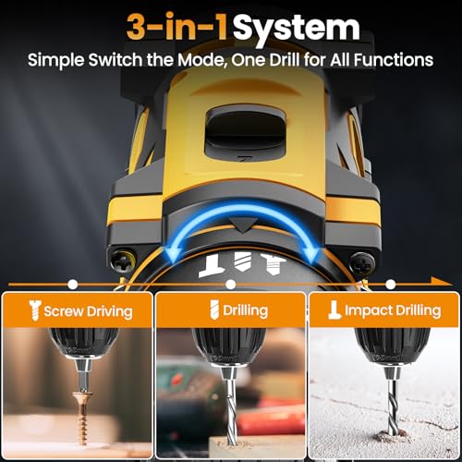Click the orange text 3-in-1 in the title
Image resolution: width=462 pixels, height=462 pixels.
[177, 27]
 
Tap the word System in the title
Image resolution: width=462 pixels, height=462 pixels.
[296, 30]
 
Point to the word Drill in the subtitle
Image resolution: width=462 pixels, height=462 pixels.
[285, 59]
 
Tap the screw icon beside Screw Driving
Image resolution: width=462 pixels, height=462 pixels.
[35, 310]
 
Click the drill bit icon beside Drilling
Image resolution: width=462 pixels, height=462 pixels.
[214, 310]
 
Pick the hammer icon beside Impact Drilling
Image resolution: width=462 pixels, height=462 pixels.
[334, 310]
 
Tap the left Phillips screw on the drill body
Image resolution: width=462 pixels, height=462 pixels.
[123, 261]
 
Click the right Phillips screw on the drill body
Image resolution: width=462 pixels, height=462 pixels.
[362, 263]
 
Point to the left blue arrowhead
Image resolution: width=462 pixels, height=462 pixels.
[171, 255]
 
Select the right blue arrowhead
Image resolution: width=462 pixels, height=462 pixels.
[310, 255]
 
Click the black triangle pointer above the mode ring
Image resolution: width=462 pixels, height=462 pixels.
[244, 225]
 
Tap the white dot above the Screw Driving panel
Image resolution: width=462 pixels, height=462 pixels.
[72, 285]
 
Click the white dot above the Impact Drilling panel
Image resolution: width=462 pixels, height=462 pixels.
[390, 285]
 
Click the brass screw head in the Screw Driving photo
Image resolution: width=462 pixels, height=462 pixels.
[82, 395]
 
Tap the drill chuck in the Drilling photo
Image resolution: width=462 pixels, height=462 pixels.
[229, 346]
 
